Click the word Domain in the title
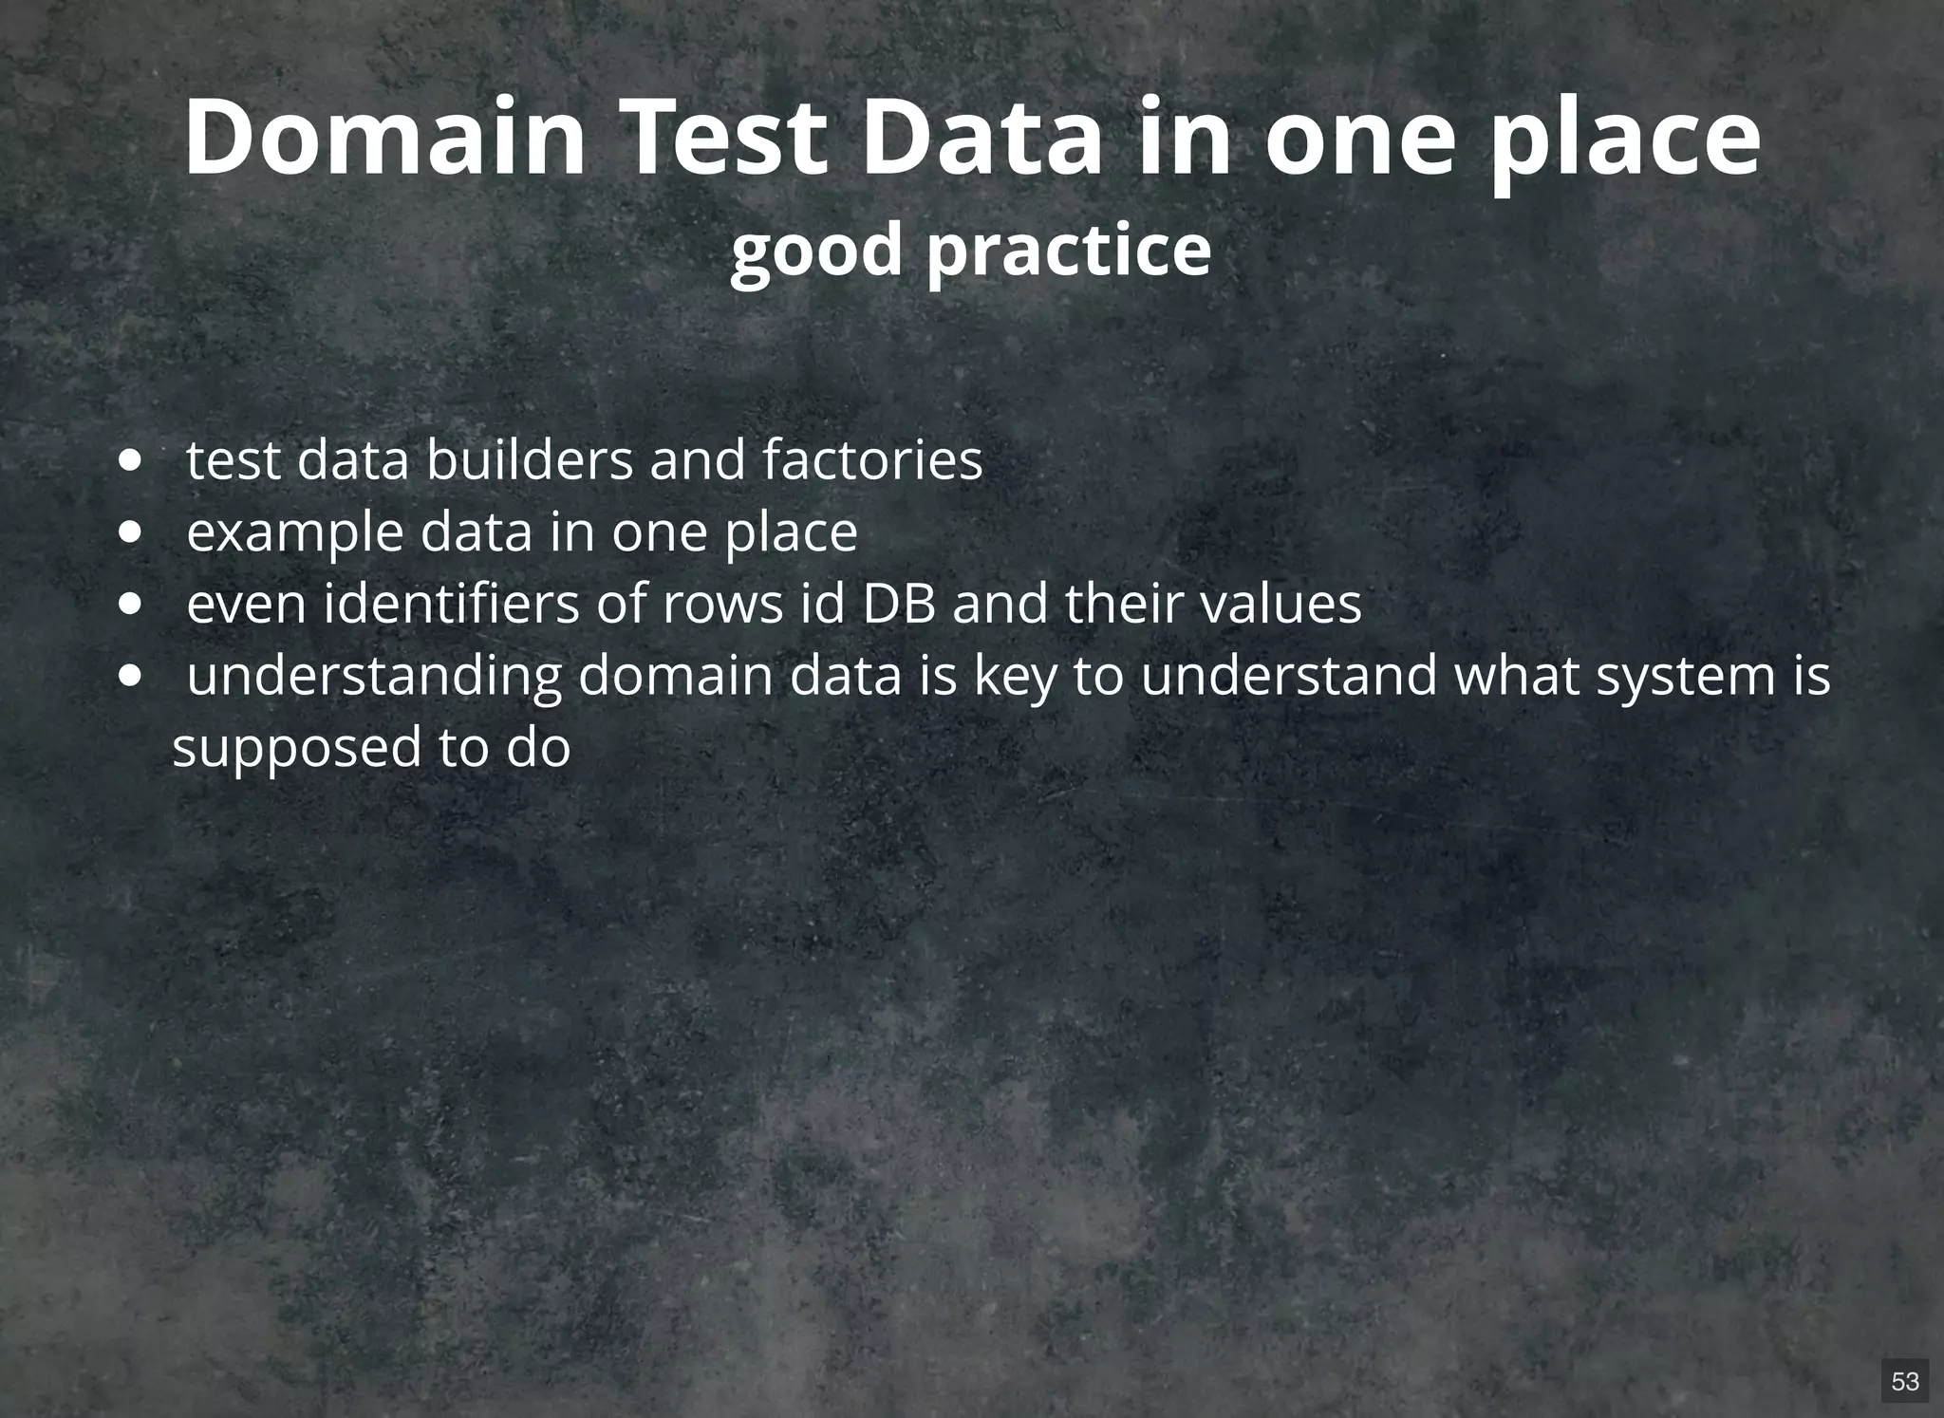tap(385, 138)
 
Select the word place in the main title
tap(1624, 142)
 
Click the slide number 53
tap(1904, 1381)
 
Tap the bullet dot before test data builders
tap(131, 462)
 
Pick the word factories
tap(872, 460)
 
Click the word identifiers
tap(451, 604)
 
